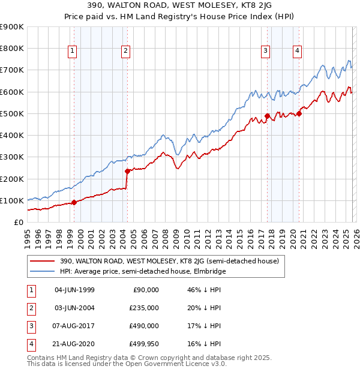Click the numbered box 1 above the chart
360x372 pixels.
pos(72,51)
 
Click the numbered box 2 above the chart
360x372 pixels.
pos(125,51)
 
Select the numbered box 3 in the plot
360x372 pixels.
pos(265,51)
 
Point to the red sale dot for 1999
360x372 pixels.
pos(74,202)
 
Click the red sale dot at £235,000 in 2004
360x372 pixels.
pos(127,171)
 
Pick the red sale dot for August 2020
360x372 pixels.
pos(299,113)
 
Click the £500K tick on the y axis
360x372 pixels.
pos(12,113)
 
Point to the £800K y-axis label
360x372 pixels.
pos(12,48)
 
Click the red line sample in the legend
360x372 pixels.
pos(43,261)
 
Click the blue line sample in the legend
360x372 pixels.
pos(43,271)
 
